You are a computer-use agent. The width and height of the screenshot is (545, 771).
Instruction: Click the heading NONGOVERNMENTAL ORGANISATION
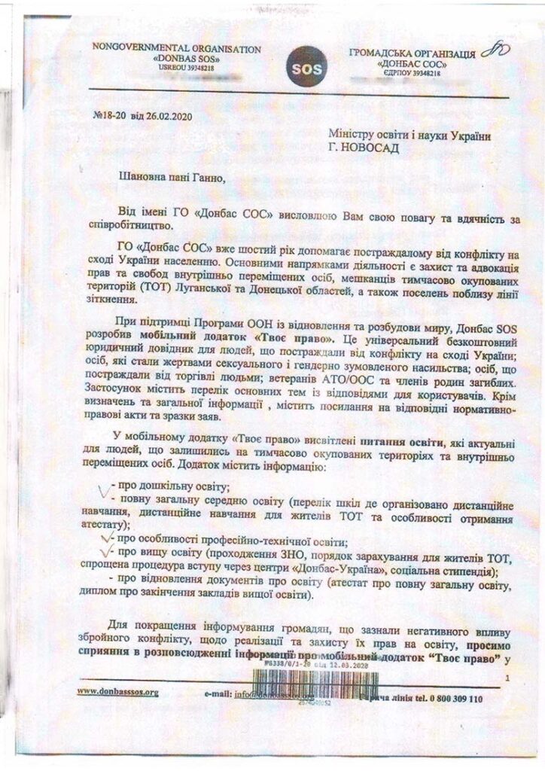click(x=176, y=48)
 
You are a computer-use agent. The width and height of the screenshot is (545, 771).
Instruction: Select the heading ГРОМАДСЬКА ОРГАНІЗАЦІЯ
click(x=412, y=55)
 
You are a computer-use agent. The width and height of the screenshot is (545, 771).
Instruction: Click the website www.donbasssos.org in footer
click(x=117, y=690)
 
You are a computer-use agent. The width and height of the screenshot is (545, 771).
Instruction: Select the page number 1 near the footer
click(x=507, y=678)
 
